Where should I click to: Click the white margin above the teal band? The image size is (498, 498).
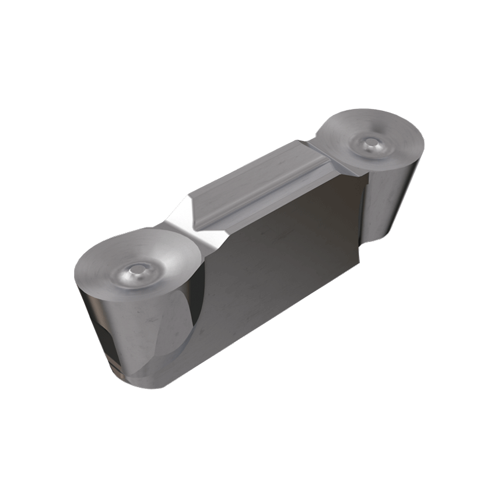click(x=249, y=47)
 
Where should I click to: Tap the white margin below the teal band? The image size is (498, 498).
click(x=249, y=449)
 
